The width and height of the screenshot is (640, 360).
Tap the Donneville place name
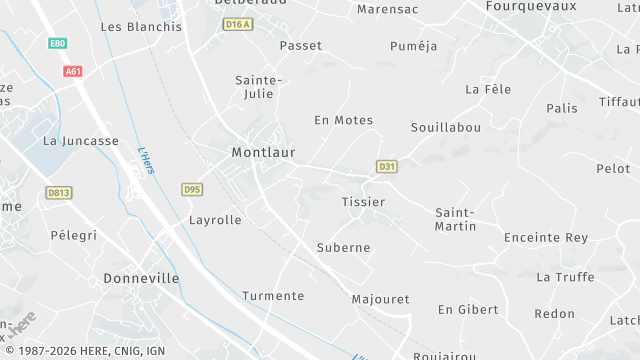click(141, 278)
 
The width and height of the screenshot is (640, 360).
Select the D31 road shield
click(387, 166)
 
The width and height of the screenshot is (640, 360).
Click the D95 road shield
click(193, 189)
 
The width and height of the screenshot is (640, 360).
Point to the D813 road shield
click(59, 191)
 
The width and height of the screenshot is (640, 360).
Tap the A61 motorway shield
click(72, 71)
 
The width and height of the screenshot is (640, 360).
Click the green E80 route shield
click(57, 44)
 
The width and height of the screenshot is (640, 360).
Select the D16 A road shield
click(237, 24)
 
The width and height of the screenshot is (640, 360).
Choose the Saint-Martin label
click(455, 220)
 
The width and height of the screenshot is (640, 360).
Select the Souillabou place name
click(446, 128)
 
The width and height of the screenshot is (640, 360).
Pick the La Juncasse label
click(81, 141)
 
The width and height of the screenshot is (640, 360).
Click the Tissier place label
click(363, 202)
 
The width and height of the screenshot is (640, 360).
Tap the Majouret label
click(381, 299)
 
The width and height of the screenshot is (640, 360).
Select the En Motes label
click(343, 120)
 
